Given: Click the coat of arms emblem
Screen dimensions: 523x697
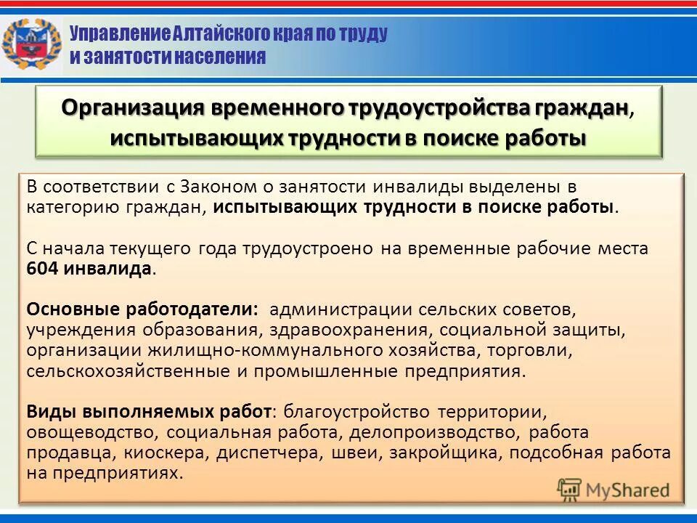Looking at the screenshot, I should point(31,44).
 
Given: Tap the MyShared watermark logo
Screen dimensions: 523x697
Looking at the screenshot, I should point(614,489).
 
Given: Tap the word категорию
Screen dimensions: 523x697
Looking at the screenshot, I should point(71,206).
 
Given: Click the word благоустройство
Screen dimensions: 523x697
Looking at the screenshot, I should point(355,412).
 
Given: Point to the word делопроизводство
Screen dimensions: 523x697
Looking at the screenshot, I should point(435,432).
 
